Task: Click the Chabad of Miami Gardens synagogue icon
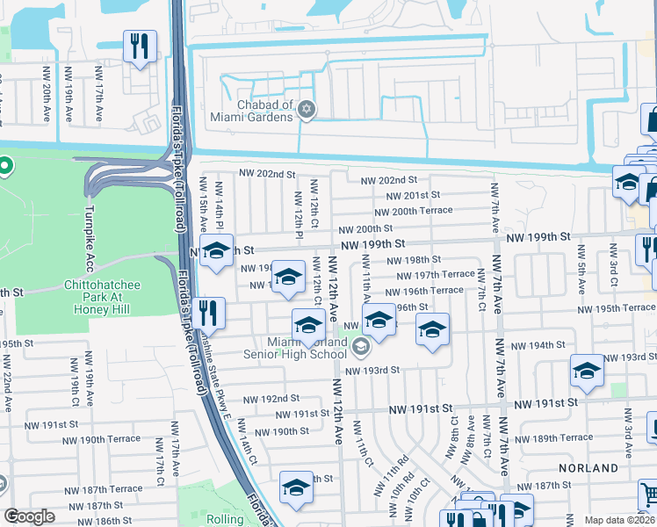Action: (306, 110)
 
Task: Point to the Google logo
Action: (30, 516)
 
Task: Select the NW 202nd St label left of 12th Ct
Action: (267, 174)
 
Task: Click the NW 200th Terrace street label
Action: (413, 211)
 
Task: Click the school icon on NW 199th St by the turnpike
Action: (216, 251)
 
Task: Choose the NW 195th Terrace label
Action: (616, 307)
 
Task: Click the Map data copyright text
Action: (620, 520)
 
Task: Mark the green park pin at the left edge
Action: (4, 165)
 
